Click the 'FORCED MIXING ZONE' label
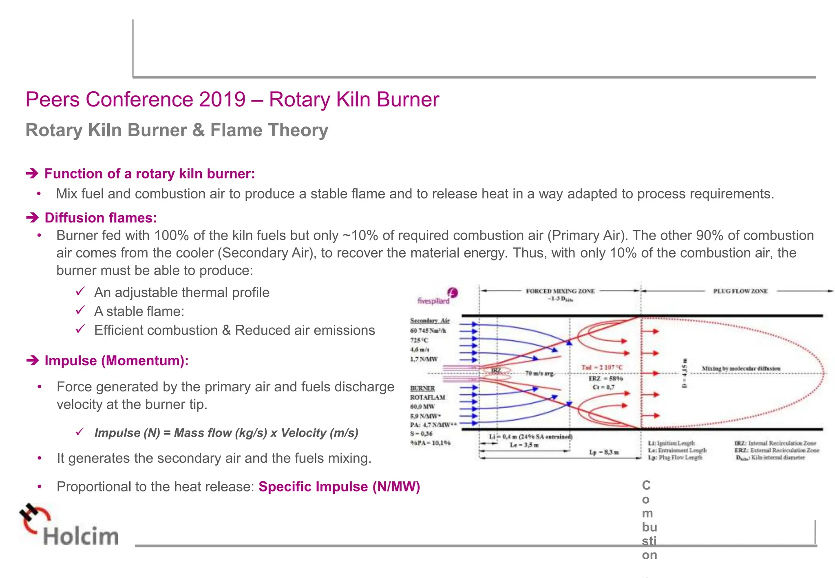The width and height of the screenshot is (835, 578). (560, 291)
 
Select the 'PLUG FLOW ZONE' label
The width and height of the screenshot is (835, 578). (740, 291)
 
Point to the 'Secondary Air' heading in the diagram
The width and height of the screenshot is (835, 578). (430, 321)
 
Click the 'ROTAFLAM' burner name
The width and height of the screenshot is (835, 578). (428, 397)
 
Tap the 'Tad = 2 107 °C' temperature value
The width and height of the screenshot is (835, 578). (602, 368)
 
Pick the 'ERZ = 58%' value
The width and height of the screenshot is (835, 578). (605, 379)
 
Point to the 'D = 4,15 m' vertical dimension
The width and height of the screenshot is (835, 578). (685, 373)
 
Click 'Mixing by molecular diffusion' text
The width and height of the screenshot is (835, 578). (741, 368)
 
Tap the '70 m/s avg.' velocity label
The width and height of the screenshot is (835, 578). (539, 373)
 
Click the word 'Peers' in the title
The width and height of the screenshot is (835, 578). (53, 99)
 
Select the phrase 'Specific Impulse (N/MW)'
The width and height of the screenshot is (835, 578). (339, 487)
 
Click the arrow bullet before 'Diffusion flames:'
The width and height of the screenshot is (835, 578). (32, 218)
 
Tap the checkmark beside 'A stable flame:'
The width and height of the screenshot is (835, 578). (80, 311)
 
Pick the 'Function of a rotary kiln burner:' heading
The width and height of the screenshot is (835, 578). (149, 174)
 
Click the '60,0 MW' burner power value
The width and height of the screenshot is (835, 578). (422, 406)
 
